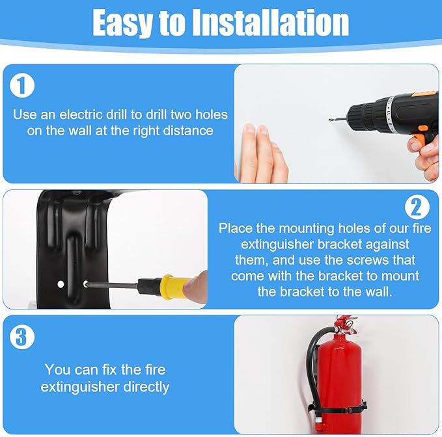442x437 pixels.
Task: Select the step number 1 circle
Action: pyautogui.click(x=23, y=85)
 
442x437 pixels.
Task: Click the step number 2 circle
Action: pyautogui.click(x=417, y=207)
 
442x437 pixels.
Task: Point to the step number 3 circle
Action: pyautogui.click(x=23, y=337)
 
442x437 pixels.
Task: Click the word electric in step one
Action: pyautogui.click(x=87, y=114)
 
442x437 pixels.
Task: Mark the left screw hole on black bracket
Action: pyautogui.click(x=61, y=284)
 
